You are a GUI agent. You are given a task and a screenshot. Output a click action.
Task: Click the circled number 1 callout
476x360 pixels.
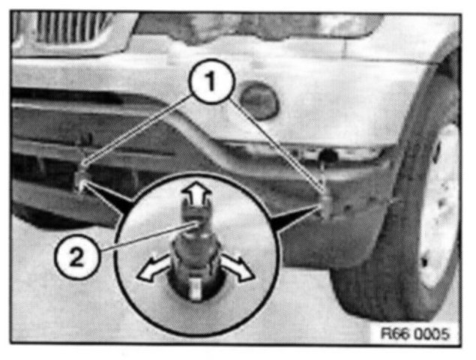pos(211,81)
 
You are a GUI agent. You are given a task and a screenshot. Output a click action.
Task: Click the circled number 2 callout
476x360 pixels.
pos(76,257)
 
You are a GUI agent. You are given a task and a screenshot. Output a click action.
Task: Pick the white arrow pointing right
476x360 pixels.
pos(238,268)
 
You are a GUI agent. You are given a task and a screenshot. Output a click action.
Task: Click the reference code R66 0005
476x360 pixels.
pos(415,334)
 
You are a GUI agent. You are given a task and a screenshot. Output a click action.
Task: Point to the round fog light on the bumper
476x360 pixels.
pos(259,100)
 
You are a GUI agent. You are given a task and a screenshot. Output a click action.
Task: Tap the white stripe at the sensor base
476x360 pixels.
pos(196,289)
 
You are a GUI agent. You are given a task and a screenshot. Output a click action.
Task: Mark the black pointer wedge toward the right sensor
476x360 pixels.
pos(294,218)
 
